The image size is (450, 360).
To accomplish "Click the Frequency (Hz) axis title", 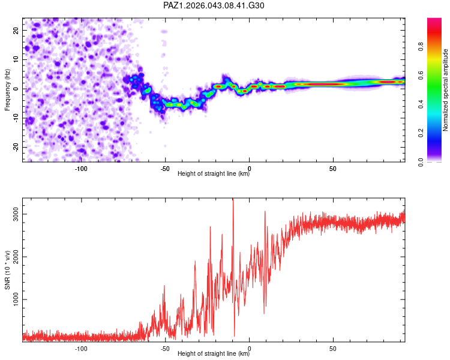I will (7, 89).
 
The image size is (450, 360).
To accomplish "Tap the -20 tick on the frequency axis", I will (15, 148).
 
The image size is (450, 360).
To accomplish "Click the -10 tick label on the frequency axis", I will (15, 118).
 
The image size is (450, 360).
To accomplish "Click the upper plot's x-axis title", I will (214, 174).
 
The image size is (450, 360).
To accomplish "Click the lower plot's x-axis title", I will (214, 354).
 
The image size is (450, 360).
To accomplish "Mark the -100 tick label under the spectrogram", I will (81, 168).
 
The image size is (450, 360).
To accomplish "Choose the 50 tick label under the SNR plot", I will (332, 348).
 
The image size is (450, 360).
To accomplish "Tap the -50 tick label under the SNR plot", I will (164, 348).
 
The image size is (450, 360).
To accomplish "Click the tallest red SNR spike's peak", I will (233, 199).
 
